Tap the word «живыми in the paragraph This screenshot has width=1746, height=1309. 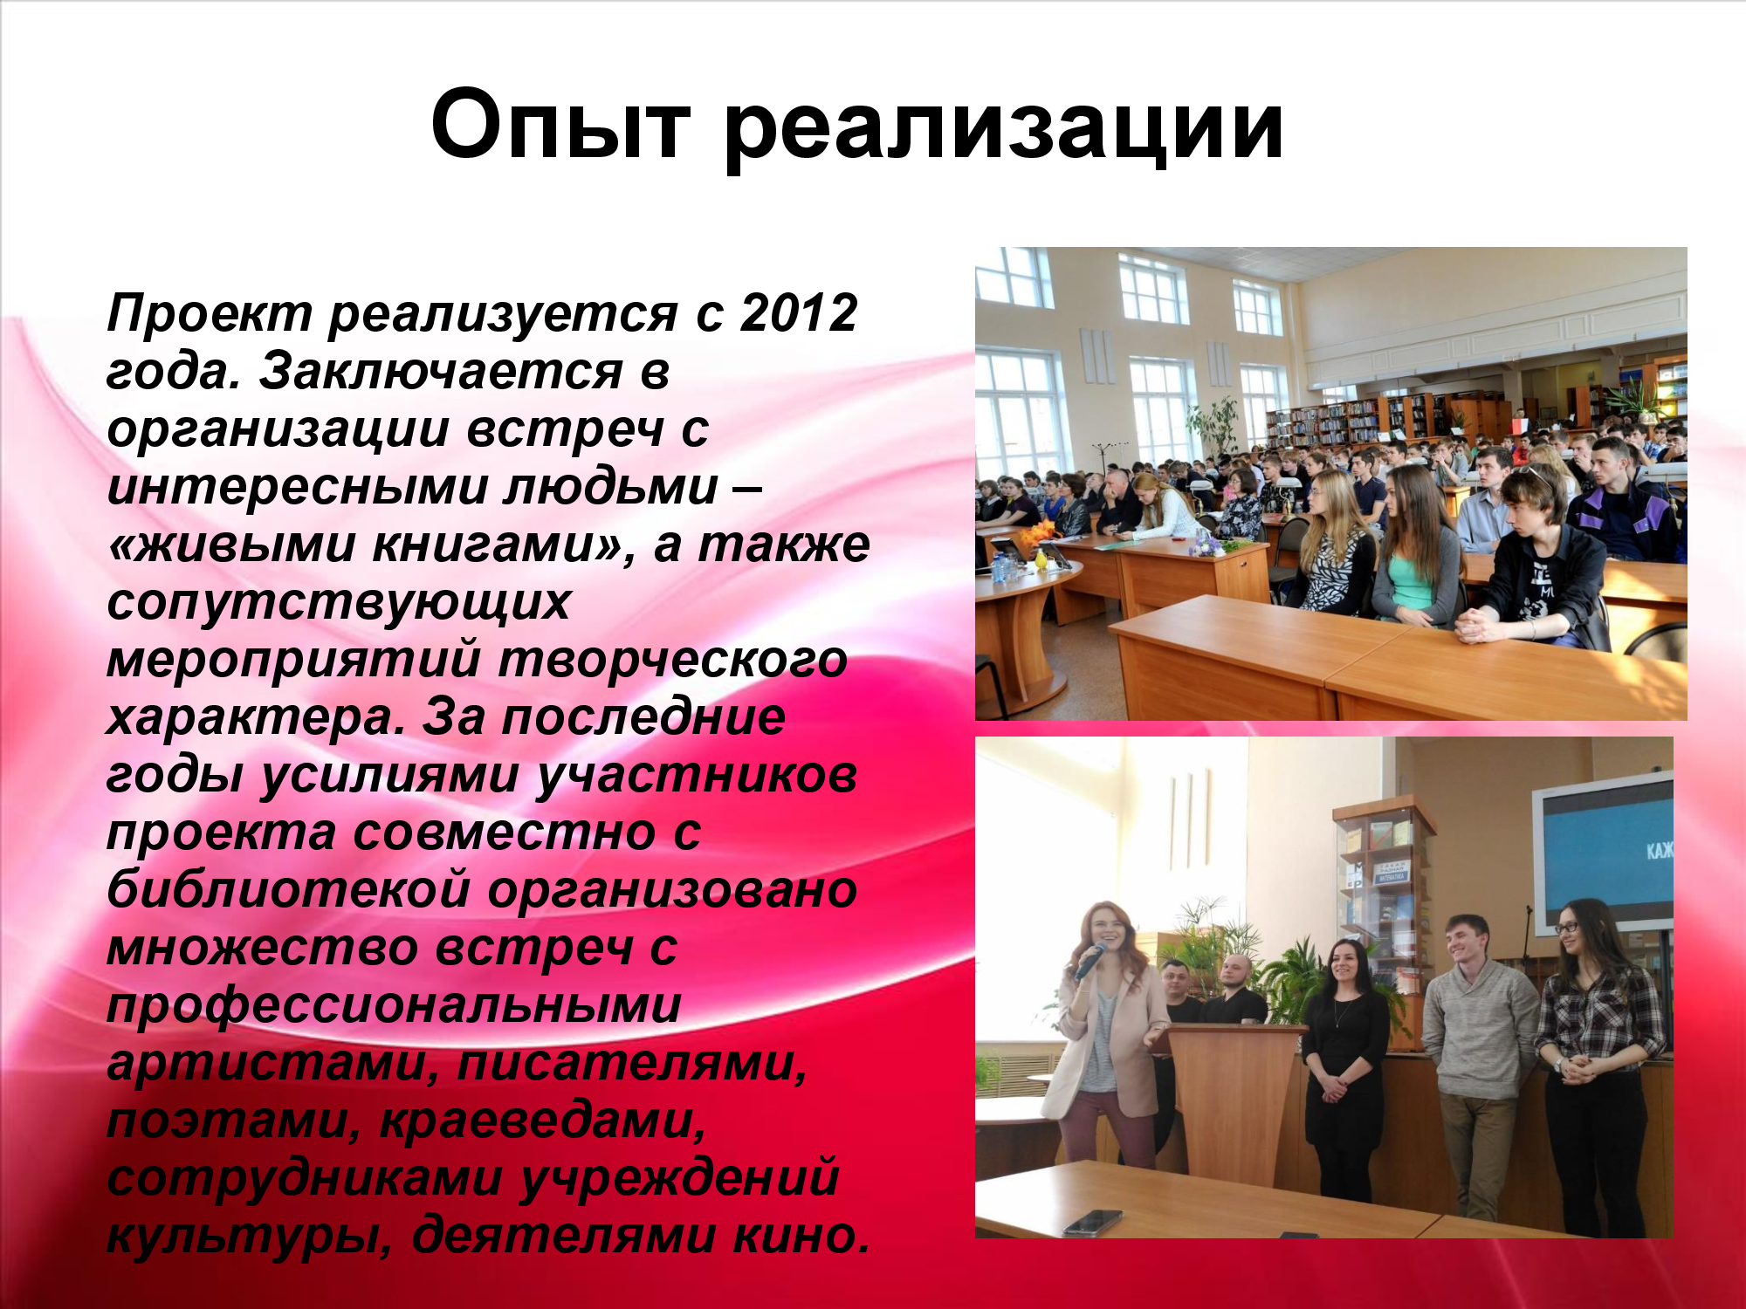(x=231, y=545)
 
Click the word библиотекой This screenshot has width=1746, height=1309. (x=289, y=890)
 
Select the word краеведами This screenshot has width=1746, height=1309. (x=543, y=1121)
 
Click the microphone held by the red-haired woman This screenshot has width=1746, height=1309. (x=1089, y=961)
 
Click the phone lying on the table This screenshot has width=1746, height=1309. (x=1093, y=1221)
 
